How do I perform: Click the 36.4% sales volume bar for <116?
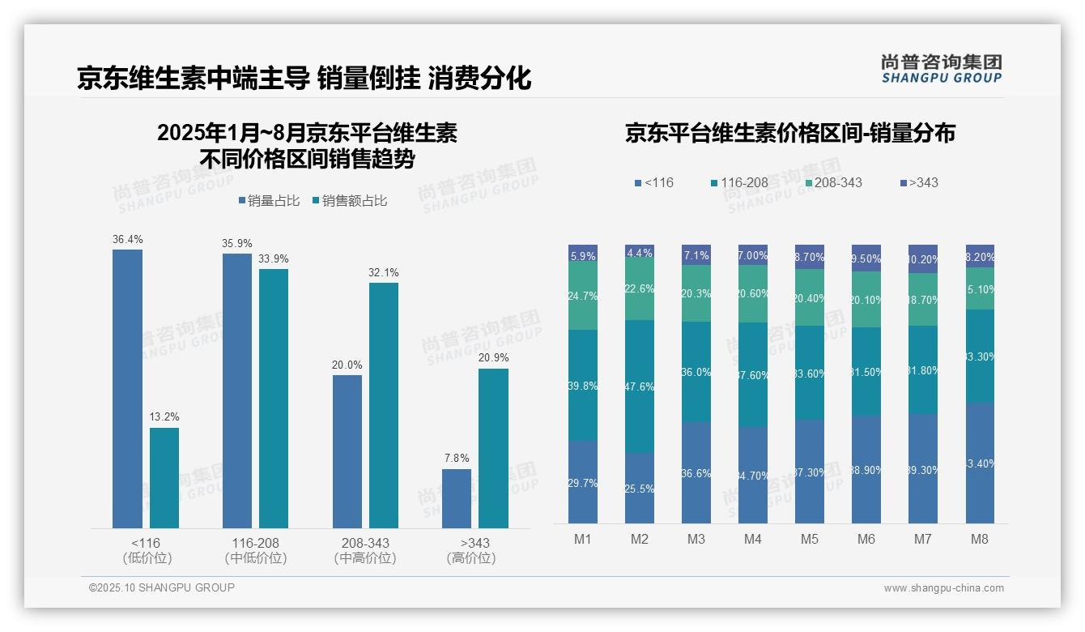pyautogui.click(x=127, y=389)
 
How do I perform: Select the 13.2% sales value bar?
pyautogui.click(x=164, y=478)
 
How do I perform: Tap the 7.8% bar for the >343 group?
pyautogui.click(x=457, y=498)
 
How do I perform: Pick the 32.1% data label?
pyautogui.click(x=383, y=273)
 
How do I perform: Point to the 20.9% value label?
pyautogui.click(x=493, y=358)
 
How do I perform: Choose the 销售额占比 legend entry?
pyautogui.click(x=349, y=201)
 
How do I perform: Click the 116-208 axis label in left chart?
pyautogui.click(x=256, y=543)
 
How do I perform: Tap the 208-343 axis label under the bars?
pyautogui.click(x=365, y=543)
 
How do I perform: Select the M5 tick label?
pyautogui.click(x=809, y=539)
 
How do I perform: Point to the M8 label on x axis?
pyautogui.click(x=980, y=539)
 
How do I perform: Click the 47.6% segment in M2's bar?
pyautogui.click(x=640, y=386)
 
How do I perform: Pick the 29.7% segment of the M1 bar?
pyautogui.click(x=583, y=482)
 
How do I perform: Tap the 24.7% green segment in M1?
pyautogui.click(x=583, y=296)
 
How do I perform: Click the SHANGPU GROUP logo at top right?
pyautogui.click(x=941, y=69)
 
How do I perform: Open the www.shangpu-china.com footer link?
pyautogui.click(x=943, y=588)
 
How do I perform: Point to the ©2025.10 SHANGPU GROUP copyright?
pyautogui.click(x=162, y=588)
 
